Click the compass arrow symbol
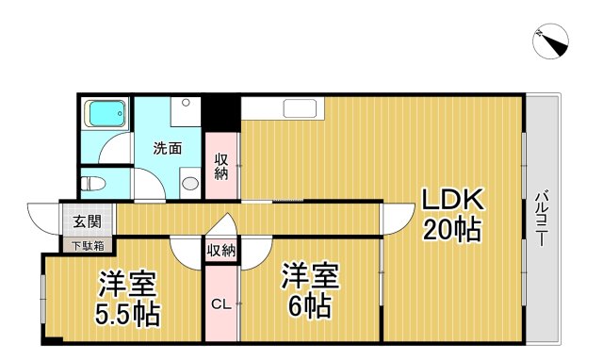click(x=553, y=40)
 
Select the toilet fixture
click(x=93, y=182)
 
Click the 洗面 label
click(x=167, y=148)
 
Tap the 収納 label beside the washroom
click(x=222, y=167)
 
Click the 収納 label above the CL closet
click(x=221, y=250)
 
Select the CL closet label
click(x=220, y=303)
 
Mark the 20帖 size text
click(x=451, y=229)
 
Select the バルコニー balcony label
click(x=542, y=218)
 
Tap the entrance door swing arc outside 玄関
click(x=42, y=219)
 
